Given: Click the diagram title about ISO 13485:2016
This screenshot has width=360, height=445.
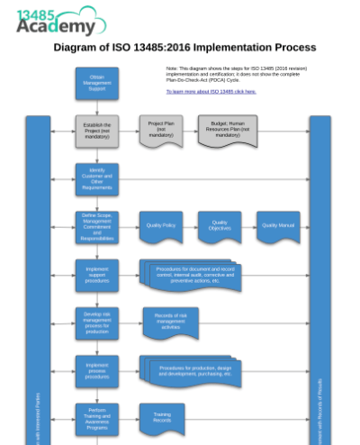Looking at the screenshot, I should (x=184, y=47).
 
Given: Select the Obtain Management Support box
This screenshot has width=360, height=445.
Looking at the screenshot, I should (x=96, y=84).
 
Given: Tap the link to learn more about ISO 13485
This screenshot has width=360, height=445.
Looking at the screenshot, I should (x=211, y=91).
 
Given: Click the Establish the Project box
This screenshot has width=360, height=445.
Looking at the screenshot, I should (x=96, y=132).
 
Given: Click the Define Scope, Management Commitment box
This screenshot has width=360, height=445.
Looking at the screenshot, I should (x=96, y=227).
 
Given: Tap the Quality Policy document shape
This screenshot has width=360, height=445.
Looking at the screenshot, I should (x=161, y=226).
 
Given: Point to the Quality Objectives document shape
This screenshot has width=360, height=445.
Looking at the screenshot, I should (x=220, y=226).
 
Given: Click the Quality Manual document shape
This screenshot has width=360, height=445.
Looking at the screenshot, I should (x=278, y=226).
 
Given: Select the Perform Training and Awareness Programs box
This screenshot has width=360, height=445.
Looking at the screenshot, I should (x=96, y=419).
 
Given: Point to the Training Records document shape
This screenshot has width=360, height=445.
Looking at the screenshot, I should (x=161, y=417).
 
